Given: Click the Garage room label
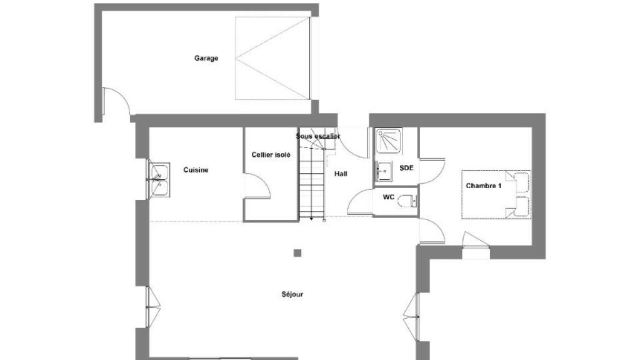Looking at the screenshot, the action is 206,58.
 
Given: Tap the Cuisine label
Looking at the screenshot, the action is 196,170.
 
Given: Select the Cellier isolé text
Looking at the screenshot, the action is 271,155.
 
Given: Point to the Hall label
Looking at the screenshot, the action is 341,174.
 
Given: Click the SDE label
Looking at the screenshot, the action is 406,167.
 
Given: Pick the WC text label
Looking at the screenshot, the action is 389,197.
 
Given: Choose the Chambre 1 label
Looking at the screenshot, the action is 484,186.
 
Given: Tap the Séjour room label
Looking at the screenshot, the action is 292,294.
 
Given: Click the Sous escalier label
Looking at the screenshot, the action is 318,136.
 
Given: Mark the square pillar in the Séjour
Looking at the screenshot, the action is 297,253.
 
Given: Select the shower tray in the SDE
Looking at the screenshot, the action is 389,141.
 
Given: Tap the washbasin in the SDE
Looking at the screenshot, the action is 384,171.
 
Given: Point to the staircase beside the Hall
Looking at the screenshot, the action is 312,184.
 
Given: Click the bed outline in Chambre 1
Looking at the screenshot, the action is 496,194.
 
